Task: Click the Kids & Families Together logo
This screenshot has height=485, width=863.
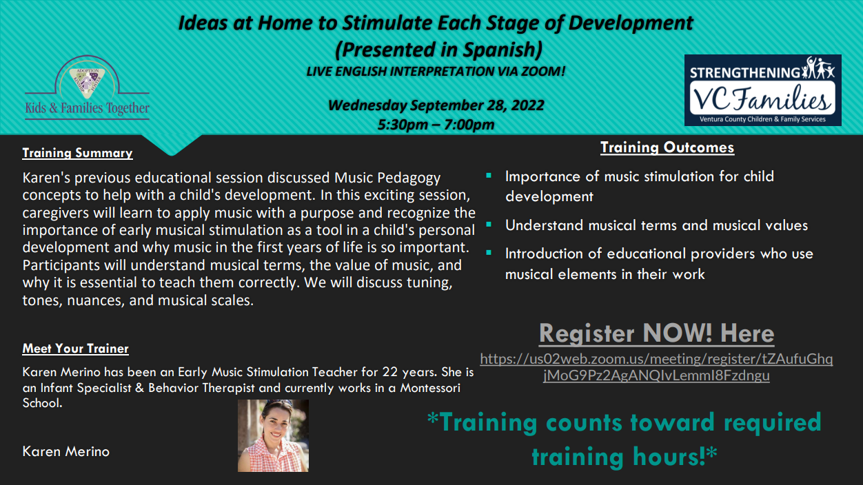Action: (87, 87)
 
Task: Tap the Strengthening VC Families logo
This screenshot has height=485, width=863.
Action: (762, 90)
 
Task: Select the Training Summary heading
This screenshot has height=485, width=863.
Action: (77, 153)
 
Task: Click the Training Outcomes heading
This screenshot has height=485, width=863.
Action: (667, 147)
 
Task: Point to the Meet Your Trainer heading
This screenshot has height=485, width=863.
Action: (76, 349)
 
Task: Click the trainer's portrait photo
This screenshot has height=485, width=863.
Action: (273, 435)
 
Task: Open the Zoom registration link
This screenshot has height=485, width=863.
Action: (656, 367)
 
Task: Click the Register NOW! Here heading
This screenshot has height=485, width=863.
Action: (656, 333)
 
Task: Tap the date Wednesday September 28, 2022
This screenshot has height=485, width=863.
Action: (436, 105)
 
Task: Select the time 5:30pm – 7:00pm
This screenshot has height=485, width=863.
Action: (436, 124)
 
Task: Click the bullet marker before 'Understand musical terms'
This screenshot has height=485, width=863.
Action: (489, 225)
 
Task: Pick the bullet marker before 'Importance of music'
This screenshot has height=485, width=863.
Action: (489, 176)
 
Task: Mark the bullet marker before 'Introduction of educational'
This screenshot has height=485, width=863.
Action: (489, 253)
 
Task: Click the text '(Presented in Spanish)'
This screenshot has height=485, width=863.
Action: (439, 50)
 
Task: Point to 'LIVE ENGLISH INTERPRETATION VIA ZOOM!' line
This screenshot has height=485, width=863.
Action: (436, 71)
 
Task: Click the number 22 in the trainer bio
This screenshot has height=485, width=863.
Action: (390, 372)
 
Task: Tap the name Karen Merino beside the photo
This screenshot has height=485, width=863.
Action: (66, 451)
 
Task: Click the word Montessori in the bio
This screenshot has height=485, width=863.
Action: (430, 388)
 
